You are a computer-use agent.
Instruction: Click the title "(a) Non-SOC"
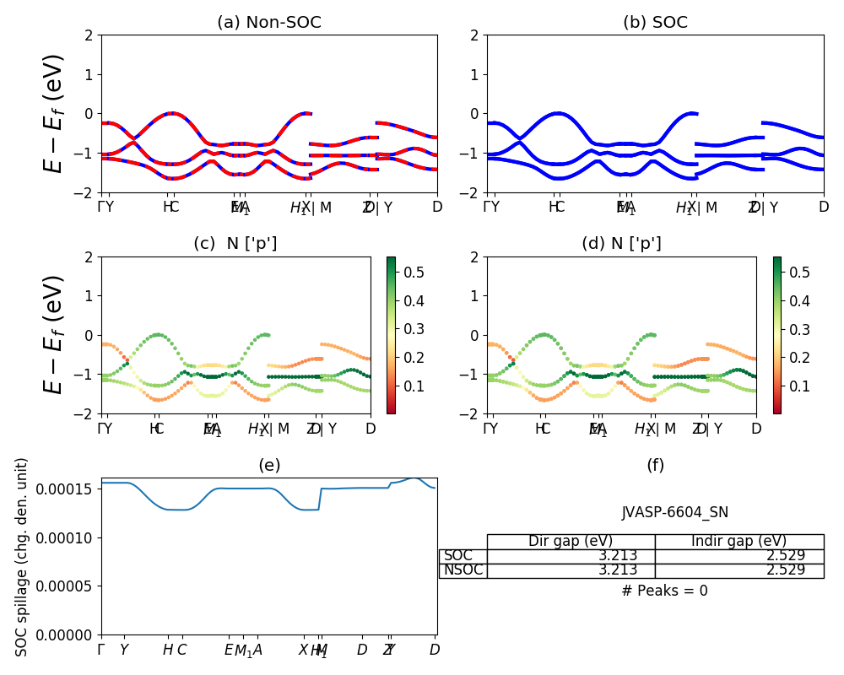269,23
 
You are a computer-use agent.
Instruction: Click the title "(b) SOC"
655,23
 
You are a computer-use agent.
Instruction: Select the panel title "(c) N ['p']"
235,244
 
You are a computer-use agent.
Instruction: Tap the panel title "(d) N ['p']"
621,244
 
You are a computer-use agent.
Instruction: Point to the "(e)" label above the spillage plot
269,465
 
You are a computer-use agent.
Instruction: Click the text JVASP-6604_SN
675,512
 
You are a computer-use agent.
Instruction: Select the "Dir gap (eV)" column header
571,542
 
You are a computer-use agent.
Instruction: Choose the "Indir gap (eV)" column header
738,542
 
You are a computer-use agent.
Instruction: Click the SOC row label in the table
458,556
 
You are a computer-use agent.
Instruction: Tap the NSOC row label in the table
463,570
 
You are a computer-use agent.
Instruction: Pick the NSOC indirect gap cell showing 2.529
780,570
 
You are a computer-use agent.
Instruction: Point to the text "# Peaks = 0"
664,591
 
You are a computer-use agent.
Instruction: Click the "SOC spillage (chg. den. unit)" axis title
23,557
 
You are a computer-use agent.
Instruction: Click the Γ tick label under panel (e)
101,650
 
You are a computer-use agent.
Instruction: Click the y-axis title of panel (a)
53,113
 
